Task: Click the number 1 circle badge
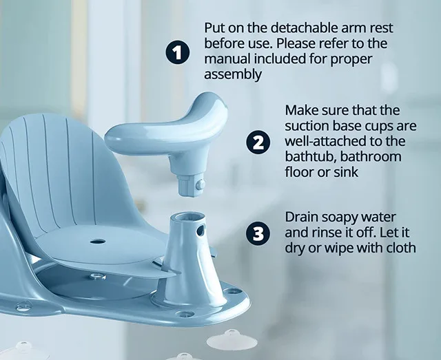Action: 178,53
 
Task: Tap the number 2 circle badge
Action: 258,142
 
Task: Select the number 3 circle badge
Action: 258,233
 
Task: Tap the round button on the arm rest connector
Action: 200,184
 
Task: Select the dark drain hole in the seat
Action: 97,242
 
